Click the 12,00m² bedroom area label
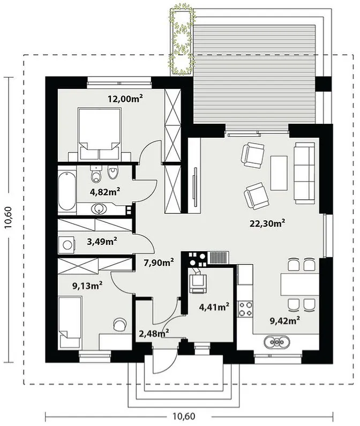(125, 99)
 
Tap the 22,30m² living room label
(267, 223)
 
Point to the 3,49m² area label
(102, 241)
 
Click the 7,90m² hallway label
(159, 263)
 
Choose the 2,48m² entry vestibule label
(154, 333)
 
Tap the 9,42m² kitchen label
(285, 321)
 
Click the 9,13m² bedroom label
(87, 286)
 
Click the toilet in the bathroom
(96, 175)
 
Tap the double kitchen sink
(276, 341)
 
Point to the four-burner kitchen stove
(245, 309)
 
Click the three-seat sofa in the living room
(305, 173)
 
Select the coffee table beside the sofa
(279, 173)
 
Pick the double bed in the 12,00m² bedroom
(99, 133)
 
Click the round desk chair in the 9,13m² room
(119, 324)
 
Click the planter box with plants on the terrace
(182, 42)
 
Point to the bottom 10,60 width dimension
(184, 416)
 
